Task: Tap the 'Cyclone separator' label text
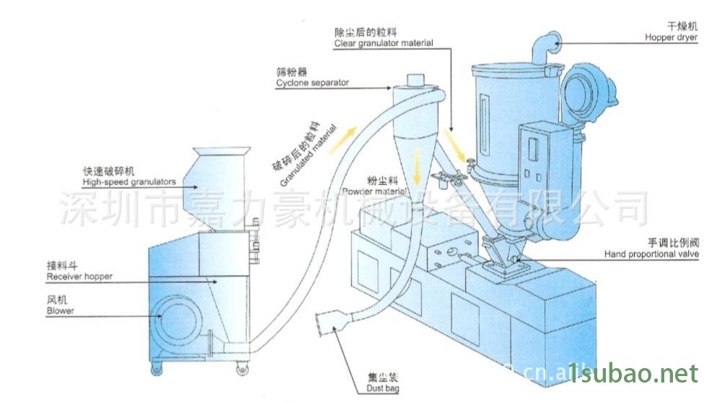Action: (312, 83)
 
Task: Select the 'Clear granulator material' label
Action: (383, 43)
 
